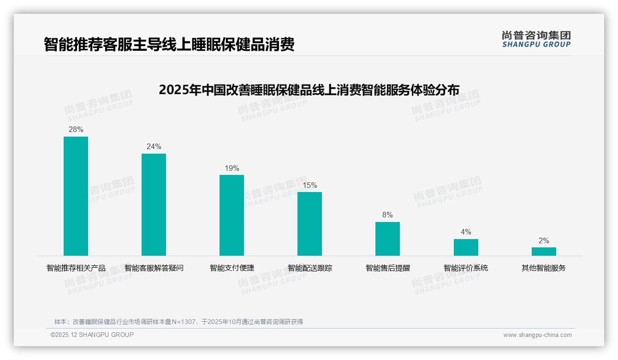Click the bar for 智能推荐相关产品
[76, 196]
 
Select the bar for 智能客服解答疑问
[154, 204]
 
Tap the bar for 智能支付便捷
[232, 215]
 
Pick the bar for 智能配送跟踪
[309, 224]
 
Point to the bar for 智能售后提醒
[387, 239]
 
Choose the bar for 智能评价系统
[466, 247]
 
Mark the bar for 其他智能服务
[544, 252]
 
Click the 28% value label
[76, 130]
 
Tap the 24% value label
[154, 147]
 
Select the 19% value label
[232, 168]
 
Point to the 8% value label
[387, 215]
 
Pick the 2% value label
[544, 241]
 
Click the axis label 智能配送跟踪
[309, 268]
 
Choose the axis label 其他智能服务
[544, 268]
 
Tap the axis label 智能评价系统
[466, 268]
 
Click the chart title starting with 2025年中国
[309, 90]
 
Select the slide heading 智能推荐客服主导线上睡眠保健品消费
[169, 45]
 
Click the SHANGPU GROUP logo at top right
[536, 39]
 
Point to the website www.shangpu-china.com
[537, 335]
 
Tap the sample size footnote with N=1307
[178, 322]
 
